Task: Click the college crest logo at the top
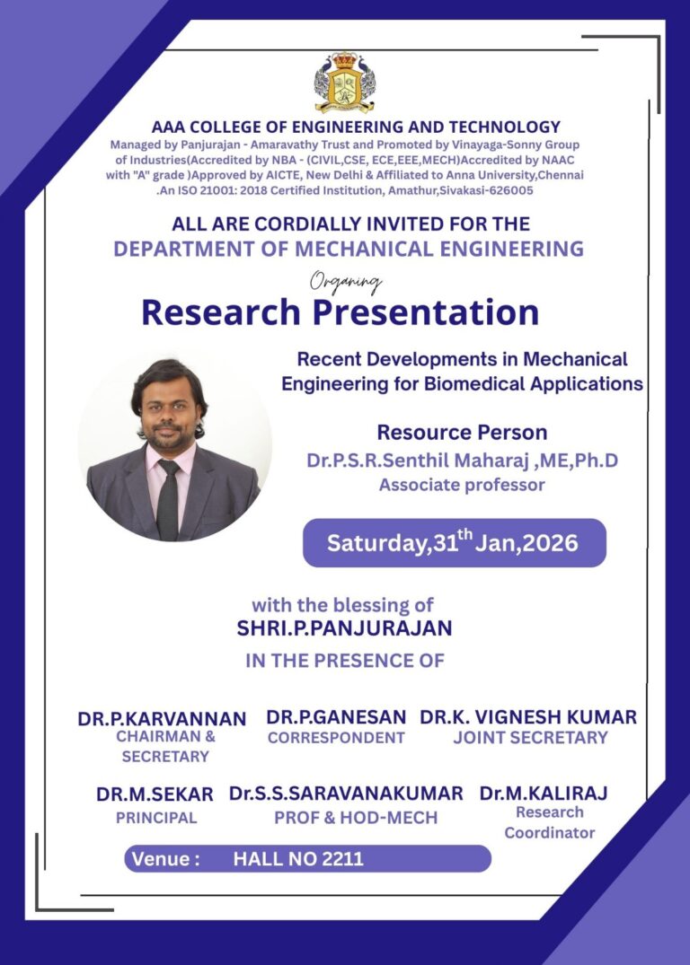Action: tap(344, 83)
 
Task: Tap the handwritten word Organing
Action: tap(346, 283)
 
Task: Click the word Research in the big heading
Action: tap(221, 312)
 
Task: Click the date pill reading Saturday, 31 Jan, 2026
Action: tap(454, 543)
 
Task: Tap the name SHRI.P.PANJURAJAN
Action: tap(344, 628)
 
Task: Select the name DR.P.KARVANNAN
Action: tap(162, 719)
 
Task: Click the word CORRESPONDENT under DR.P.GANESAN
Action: tap(336, 738)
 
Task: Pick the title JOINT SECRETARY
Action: tap(530, 738)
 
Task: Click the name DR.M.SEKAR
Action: tap(155, 794)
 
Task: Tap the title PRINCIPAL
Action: tap(155, 818)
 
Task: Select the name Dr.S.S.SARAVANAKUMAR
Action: tap(346, 794)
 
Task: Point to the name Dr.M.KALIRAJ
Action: tap(544, 794)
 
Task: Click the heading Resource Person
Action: tap(462, 432)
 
